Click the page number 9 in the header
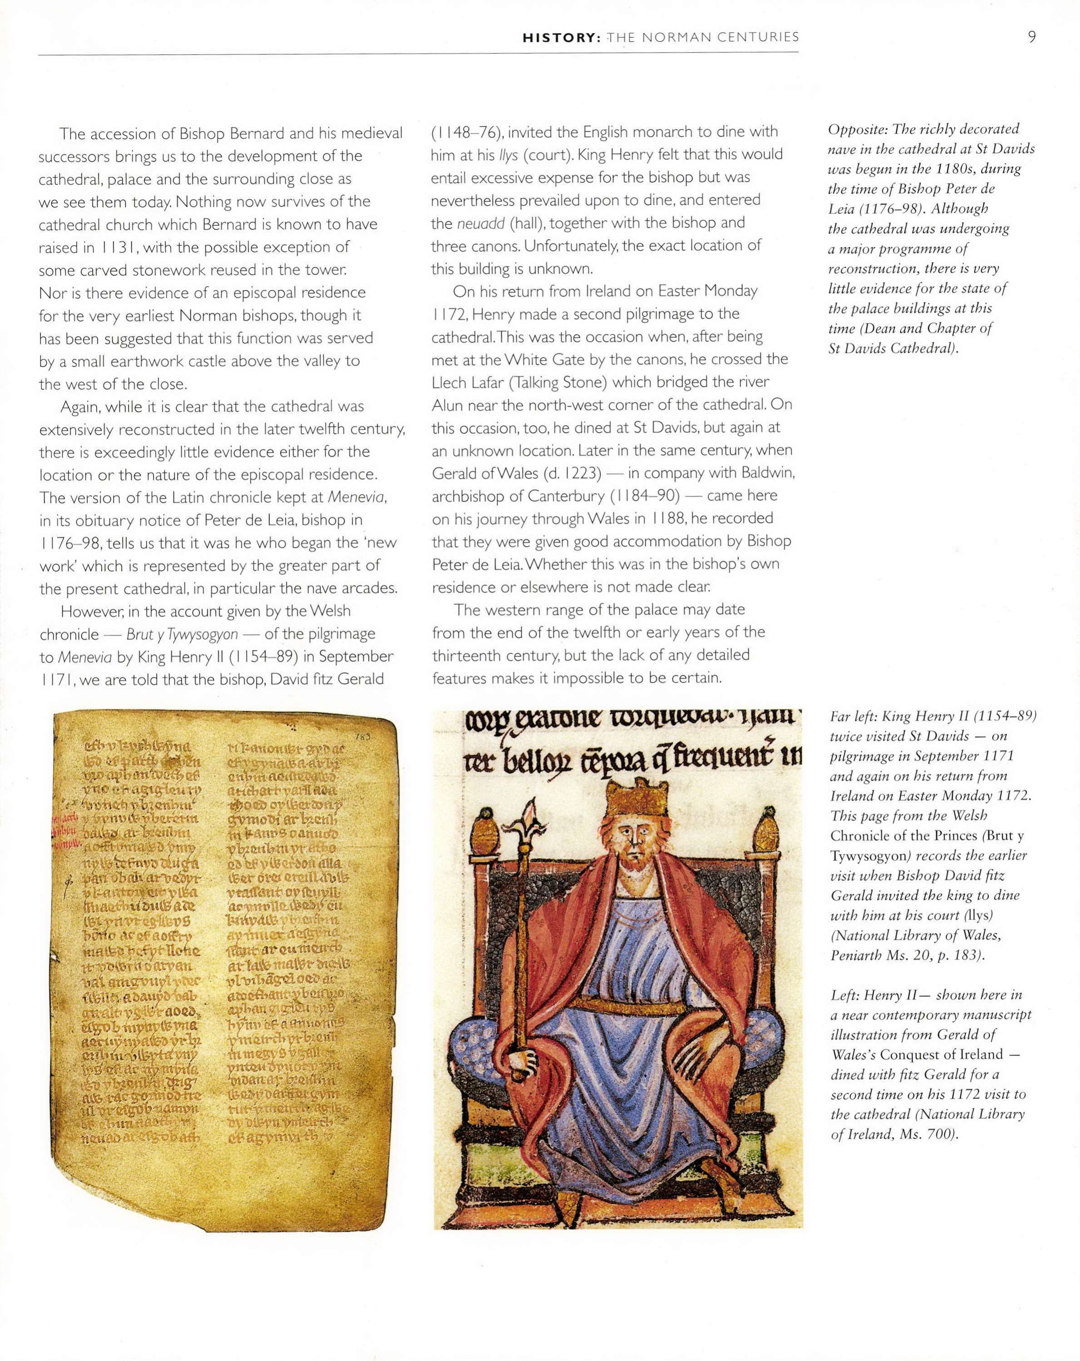tap(1031, 37)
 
